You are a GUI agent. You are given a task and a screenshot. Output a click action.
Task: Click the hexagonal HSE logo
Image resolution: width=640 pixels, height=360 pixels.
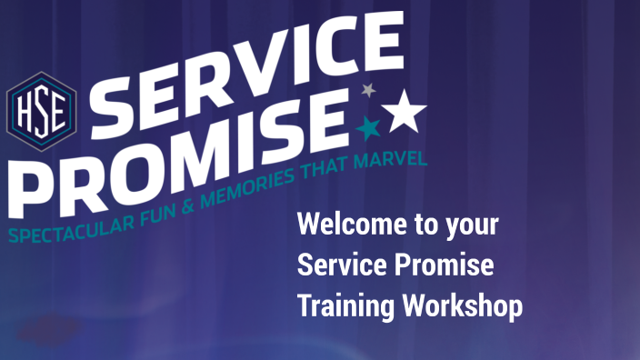point(41,105)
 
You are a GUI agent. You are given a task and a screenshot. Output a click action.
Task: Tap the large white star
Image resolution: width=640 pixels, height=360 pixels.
point(404,111)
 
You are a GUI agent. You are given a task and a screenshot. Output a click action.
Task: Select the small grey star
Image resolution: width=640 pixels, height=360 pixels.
point(368,90)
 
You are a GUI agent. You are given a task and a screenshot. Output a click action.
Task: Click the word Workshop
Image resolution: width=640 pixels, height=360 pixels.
point(463,306)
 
